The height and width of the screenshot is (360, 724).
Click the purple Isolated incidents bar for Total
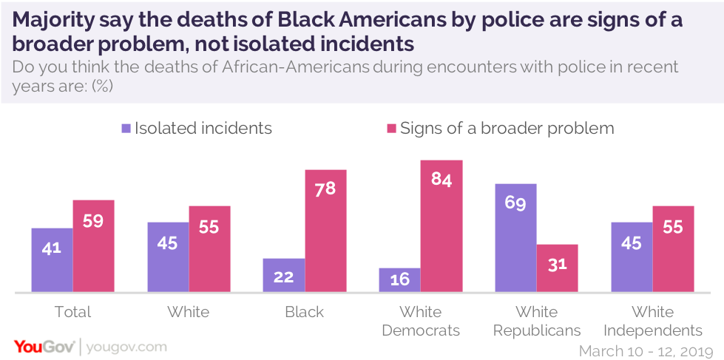tap(52, 259)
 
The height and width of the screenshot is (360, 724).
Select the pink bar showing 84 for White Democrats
tap(441, 225)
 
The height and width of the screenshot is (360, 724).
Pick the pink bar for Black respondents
tap(325, 231)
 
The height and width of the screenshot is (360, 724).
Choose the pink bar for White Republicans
tap(557, 268)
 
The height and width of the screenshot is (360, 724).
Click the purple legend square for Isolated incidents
tap(126, 129)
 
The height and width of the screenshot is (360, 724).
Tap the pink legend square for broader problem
tap(392, 129)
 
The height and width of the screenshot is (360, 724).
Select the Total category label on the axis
tap(72, 312)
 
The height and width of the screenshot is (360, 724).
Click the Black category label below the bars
tap(305, 312)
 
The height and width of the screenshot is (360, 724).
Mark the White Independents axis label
tap(652, 321)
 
